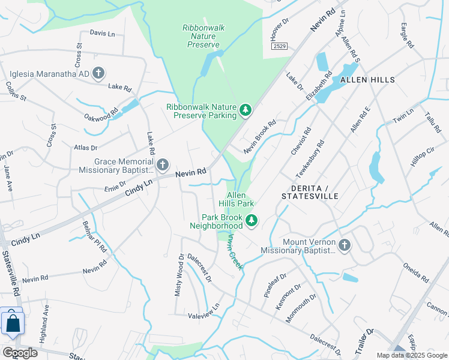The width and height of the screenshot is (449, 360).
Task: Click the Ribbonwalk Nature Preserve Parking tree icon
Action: point(245,110)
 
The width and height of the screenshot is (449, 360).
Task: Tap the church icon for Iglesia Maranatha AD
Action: point(99,74)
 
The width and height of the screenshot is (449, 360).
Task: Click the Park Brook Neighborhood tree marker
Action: point(252,221)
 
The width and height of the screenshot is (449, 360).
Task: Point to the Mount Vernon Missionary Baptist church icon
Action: point(344,245)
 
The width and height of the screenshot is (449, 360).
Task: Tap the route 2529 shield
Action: point(279,46)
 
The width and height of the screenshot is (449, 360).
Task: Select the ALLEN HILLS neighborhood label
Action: point(367,80)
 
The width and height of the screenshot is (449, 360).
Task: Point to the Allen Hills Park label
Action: point(241,199)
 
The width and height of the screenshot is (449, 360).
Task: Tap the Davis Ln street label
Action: point(102,33)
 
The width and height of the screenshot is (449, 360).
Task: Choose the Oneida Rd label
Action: point(415,271)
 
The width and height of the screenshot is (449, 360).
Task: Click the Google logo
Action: point(20,353)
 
